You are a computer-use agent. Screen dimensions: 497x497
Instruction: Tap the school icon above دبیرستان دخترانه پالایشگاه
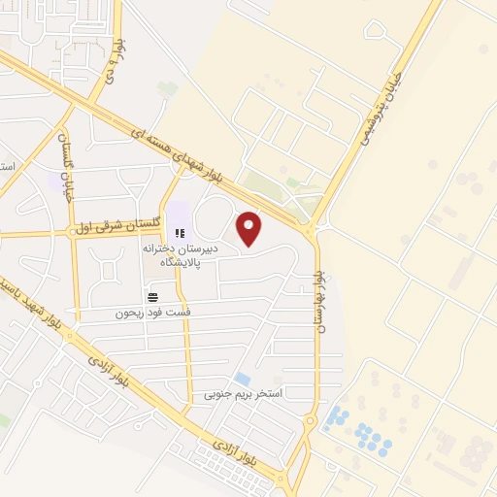(179, 234)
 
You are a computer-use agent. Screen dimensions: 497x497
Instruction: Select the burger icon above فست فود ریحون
(153, 296)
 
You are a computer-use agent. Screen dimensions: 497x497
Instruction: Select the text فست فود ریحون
(153, 313)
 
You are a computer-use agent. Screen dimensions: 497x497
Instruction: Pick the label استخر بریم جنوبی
(242, 395)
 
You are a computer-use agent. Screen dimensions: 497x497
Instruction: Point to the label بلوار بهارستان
(320, 301)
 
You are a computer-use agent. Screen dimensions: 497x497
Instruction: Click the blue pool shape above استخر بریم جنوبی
(242, 379)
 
